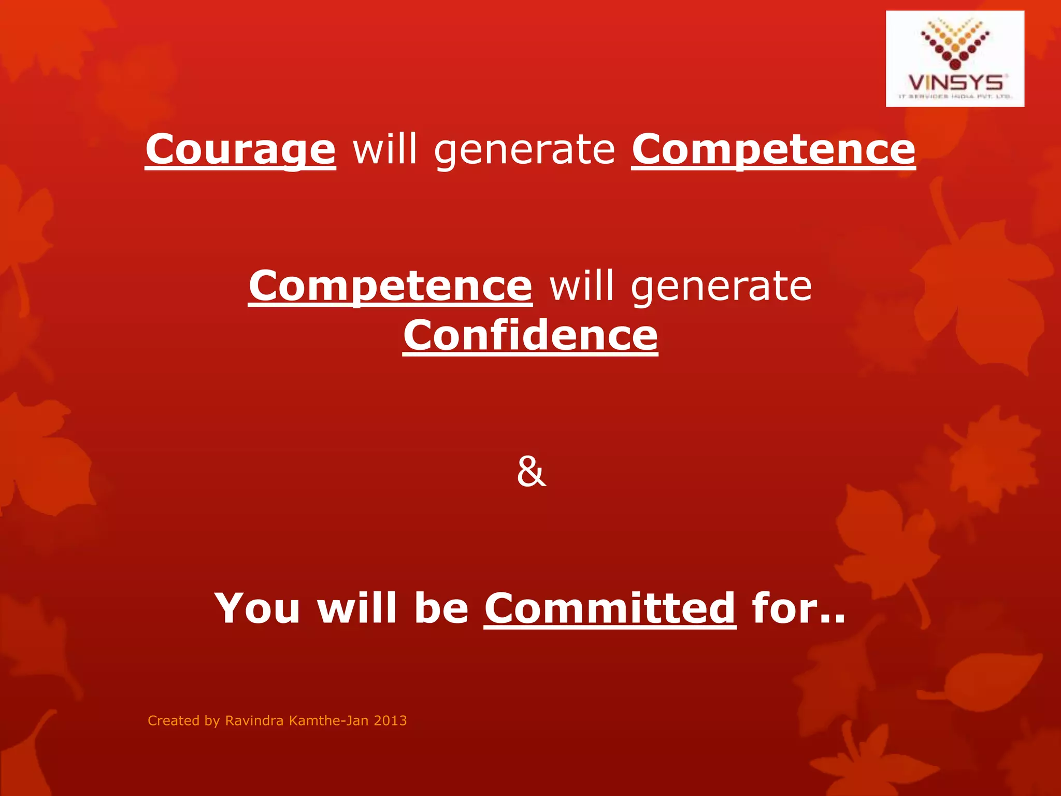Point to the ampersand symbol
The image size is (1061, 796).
point(531,472)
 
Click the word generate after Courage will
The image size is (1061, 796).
point(525,150)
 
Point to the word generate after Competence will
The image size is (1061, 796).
point(721,287)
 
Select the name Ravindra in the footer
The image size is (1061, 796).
point(254,720)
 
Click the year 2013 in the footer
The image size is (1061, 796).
point(390,720)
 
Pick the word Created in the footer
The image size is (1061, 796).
point(173,720)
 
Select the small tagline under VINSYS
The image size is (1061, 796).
point(955,96)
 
